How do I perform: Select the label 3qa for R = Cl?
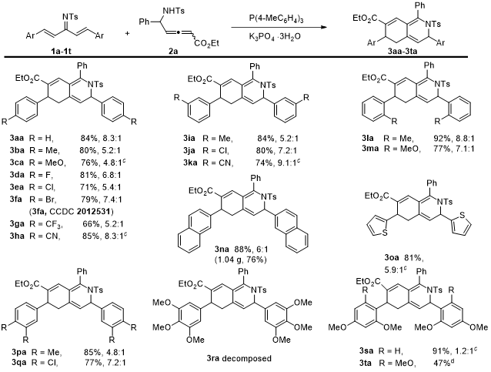[x=18, y=360]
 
